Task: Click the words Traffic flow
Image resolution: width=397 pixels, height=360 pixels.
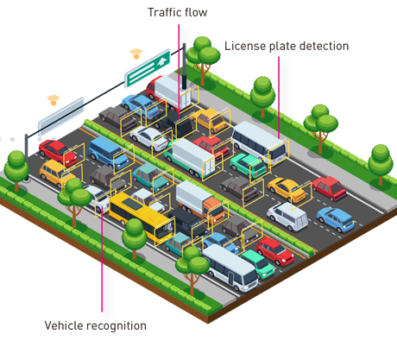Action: tap(178, 12)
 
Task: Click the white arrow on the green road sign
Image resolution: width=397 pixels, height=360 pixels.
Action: tap(162, 61)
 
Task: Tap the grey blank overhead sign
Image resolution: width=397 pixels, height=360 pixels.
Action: tap(61, 114)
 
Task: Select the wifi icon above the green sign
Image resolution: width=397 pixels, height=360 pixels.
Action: tap(136, 54)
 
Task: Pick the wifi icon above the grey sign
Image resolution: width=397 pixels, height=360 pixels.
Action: tap(54, 100)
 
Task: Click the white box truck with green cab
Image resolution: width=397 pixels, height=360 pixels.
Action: tap(192, 158)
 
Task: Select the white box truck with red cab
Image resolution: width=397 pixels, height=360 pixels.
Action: tap(170, 92)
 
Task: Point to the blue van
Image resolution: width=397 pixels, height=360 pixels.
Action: tap(109, 154)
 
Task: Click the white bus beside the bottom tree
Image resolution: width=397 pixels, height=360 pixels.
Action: tap(230, 268)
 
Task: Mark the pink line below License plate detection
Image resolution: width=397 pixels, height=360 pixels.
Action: tap(279, 98)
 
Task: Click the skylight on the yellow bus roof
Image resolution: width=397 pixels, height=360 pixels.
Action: tap(132, 204)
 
